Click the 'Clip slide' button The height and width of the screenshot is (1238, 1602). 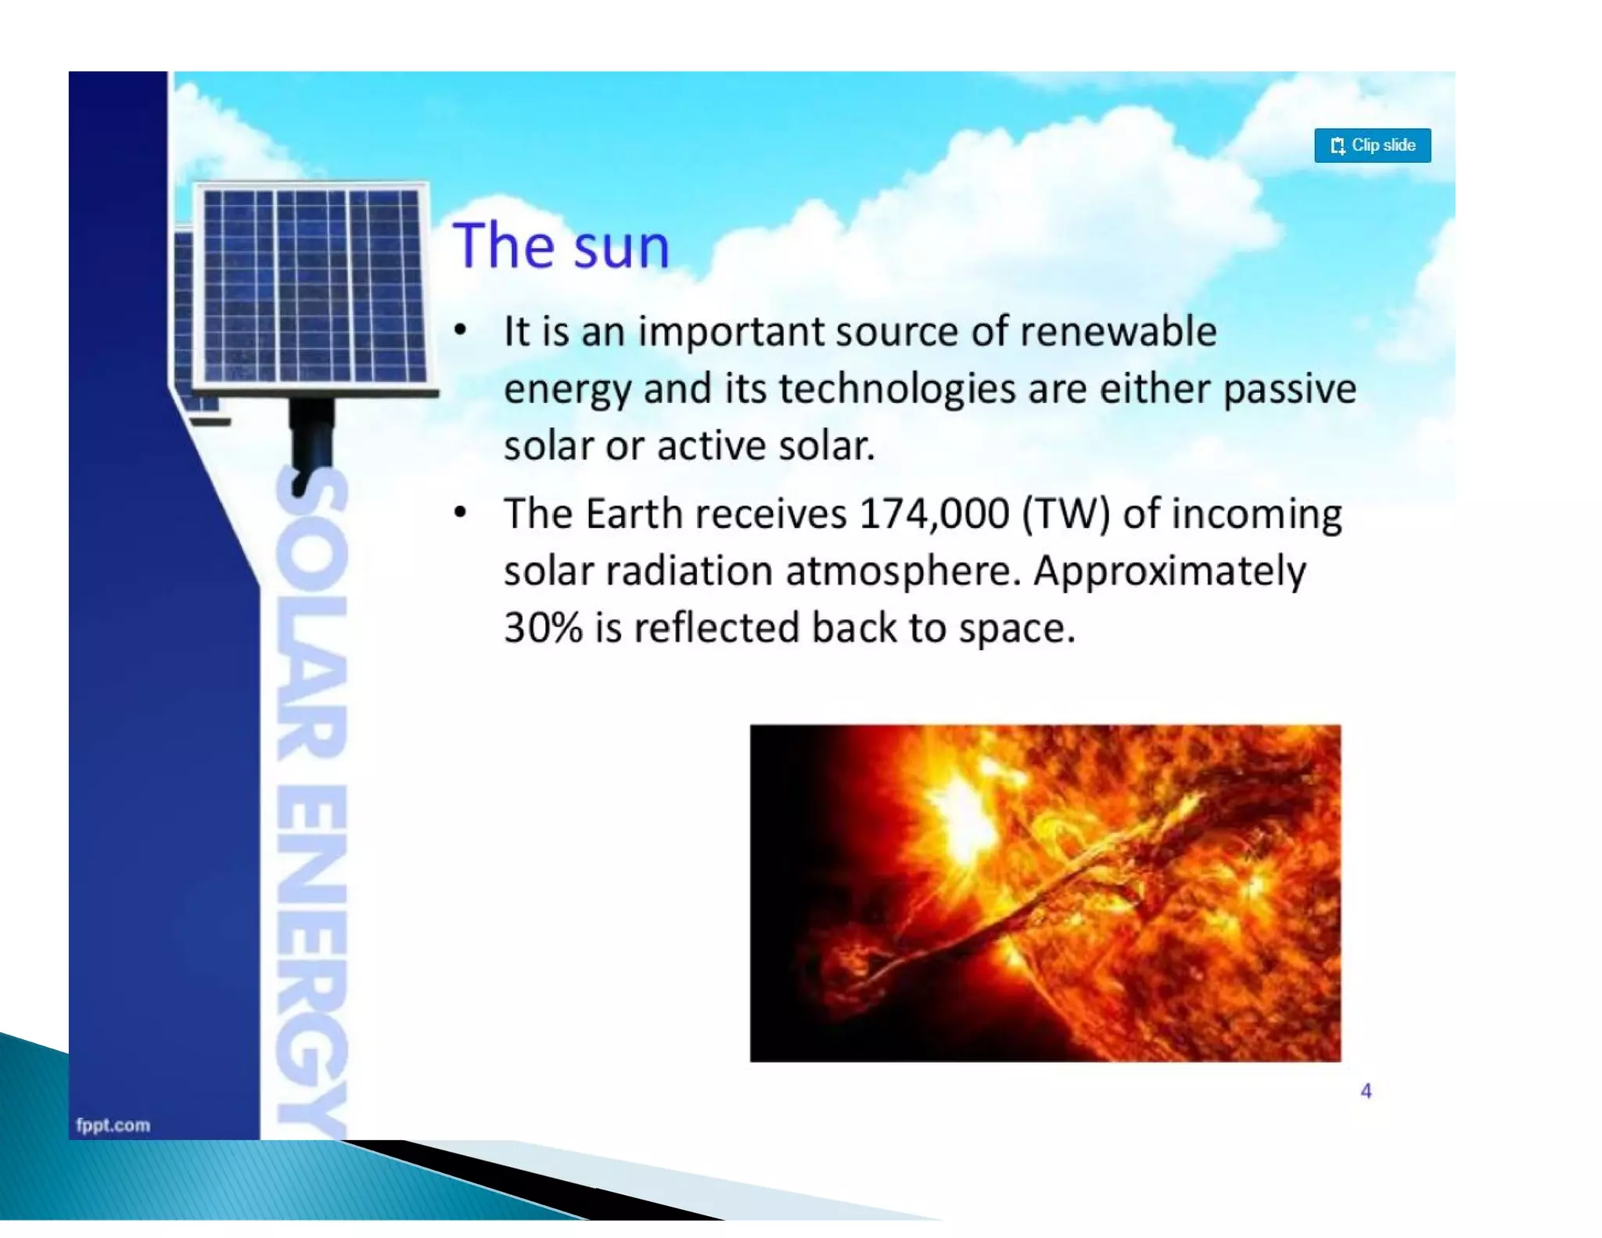(x=1372, y=146)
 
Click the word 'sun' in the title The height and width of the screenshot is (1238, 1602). (x=621, y=247)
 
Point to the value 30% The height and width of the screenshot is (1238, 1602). (x=543, y=628)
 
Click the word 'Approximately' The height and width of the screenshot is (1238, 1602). (x=1169, y=571)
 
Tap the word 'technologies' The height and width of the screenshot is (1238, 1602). (x=896, y=389)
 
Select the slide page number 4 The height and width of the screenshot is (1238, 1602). (x=1366, y=1091)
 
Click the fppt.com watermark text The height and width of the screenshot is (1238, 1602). (x=113, y=1125)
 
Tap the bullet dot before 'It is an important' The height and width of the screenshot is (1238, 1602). (x=461, y=330)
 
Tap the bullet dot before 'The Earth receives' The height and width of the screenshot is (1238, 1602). (x=461, y=513)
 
